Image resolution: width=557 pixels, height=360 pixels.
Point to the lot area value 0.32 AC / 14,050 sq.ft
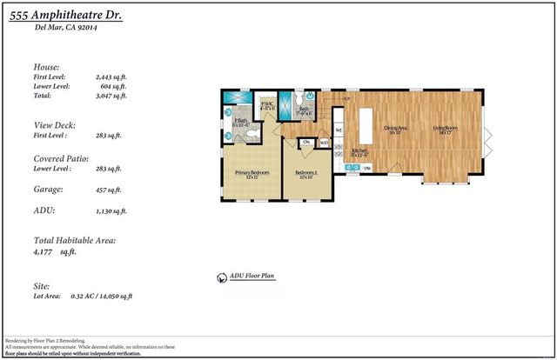coord(101,297)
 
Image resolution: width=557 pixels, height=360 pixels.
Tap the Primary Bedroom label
coord(251,173)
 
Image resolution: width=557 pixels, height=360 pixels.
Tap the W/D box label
coord(323,143)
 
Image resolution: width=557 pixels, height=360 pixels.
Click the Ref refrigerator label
coord(339,131)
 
